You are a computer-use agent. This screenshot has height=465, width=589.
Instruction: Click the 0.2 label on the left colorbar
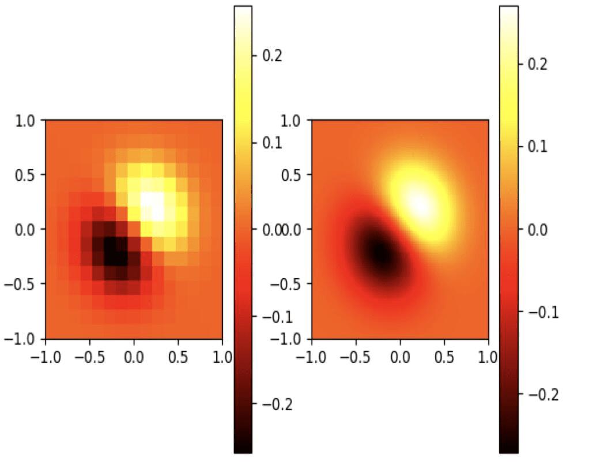273,55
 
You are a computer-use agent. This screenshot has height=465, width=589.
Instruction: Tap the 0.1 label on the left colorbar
273,142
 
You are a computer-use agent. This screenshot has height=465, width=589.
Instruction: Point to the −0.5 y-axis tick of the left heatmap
22,284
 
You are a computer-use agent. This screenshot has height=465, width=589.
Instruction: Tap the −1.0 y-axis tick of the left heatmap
22,338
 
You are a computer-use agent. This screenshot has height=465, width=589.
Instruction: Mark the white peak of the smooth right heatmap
421,204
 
